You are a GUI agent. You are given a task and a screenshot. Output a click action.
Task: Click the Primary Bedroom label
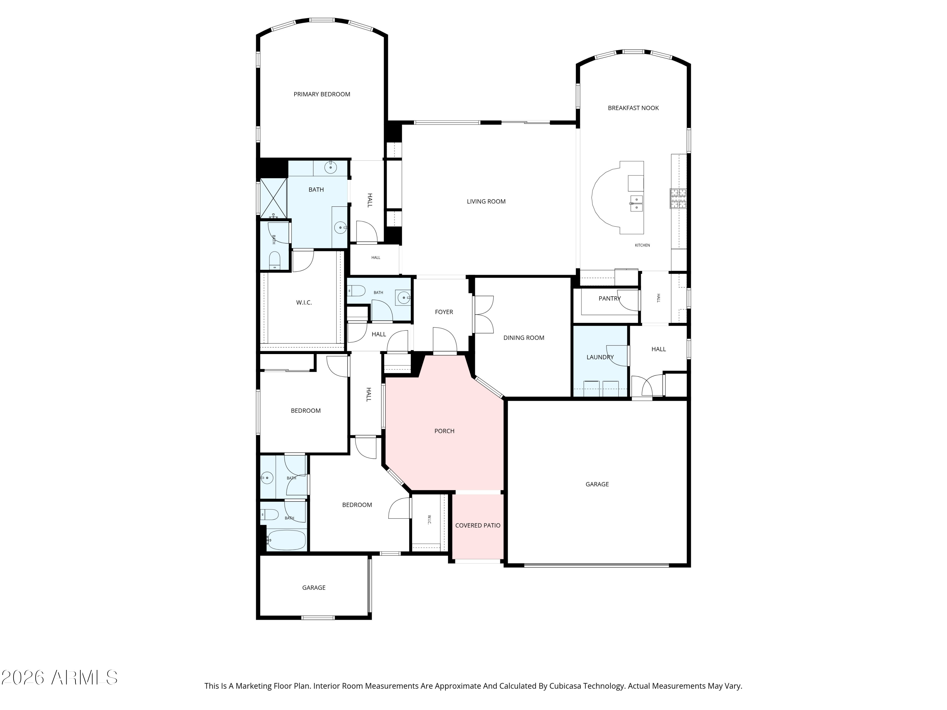coord(322,94)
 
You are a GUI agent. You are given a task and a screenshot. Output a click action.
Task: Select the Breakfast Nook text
coord(633,108)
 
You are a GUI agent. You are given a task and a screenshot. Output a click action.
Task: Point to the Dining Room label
coord(524,338)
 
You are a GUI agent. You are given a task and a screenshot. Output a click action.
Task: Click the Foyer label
coord(444,312)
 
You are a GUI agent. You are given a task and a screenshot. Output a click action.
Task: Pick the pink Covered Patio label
coord(478,525)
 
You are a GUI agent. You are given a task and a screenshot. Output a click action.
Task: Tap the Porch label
coord(444,431)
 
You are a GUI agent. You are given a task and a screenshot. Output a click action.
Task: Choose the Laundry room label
coord(600,357)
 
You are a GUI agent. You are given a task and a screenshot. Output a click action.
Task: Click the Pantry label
coord(610,298)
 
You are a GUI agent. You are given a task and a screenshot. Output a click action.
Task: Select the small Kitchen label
coord(642,245)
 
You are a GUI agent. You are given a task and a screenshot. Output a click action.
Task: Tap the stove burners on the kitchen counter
coord(678,198)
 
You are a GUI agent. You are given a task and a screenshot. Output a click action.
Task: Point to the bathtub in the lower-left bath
coord(286,540)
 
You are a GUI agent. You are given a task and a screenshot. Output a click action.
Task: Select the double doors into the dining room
coord(484,314)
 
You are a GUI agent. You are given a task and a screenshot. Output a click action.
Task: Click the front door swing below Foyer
coord(445,341)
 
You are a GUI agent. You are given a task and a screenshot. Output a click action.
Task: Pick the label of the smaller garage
coord(314,588)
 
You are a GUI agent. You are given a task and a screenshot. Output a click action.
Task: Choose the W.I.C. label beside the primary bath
coord(304,303)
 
